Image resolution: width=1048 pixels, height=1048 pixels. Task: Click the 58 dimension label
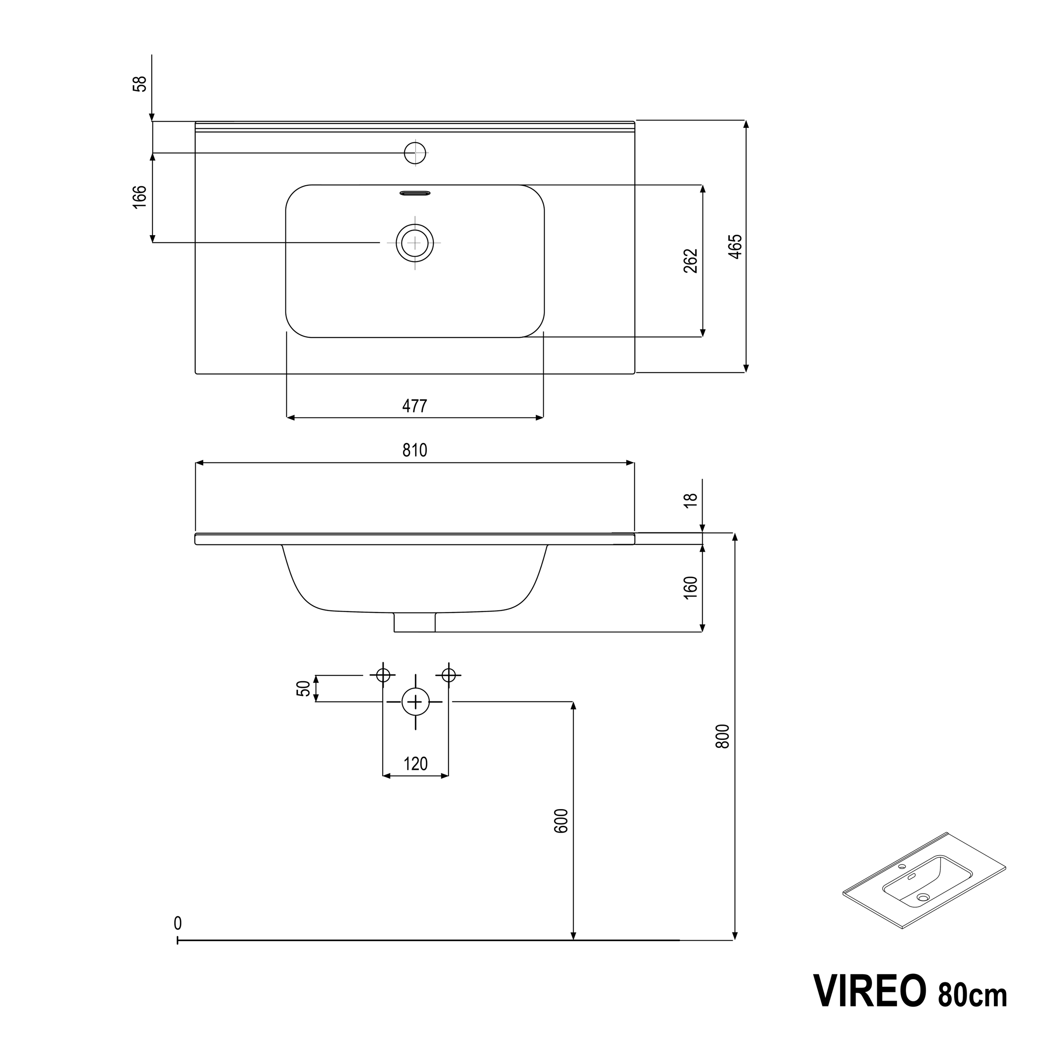[140, 84]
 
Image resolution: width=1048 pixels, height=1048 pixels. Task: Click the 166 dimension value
[140, 196]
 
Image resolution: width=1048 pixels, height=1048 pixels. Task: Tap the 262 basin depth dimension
[690, 261]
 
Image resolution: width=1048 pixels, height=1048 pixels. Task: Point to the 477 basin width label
[415, 406]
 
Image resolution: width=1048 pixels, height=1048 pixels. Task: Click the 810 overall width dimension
[415, 450]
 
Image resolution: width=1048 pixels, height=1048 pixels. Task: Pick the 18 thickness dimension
[690, 500]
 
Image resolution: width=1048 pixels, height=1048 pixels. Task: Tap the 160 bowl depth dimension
[690, 587]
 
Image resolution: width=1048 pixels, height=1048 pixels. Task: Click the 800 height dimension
[723, 737]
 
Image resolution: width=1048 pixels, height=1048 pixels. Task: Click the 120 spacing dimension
[415, 764]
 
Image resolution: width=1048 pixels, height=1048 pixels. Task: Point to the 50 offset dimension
[304, 688]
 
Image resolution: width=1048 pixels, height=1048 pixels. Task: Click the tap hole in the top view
[415, 153]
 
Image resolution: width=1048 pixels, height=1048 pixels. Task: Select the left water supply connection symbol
[384, 675]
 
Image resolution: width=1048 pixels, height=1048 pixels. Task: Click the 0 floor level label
[178, 923]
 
